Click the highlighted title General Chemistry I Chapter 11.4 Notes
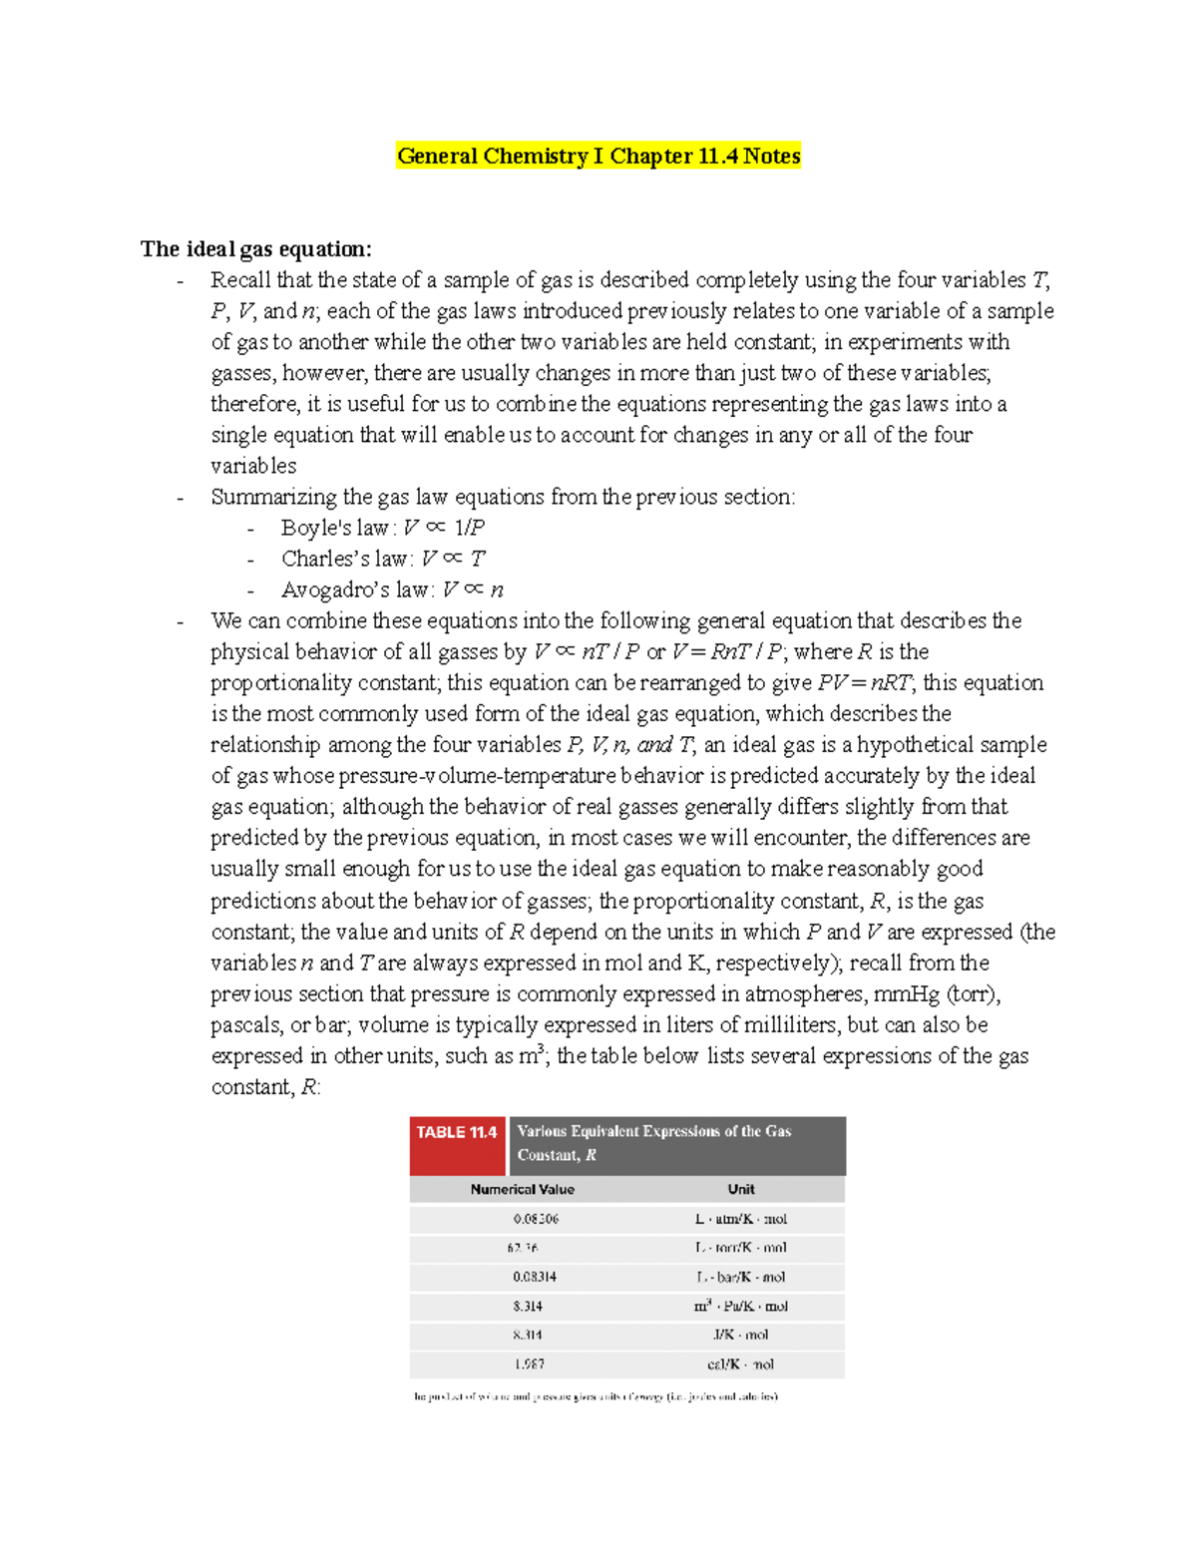coord(598,157)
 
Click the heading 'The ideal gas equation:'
coord(256,249)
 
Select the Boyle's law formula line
coord(383,528)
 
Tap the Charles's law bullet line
coord(383,559)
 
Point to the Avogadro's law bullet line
coord(392,589)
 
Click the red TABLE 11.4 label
coord(457,1133)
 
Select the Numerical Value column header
coord(523,1189)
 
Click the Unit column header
coord(741,1189)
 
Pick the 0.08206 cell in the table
coord(536,1219)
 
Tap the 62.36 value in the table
coord(523,1248)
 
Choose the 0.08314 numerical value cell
coord(535,1277)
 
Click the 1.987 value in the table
coord(530,1364)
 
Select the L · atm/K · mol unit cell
coord(741,1219)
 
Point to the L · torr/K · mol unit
coord(741,1248)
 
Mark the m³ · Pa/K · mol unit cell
coord(741,1306)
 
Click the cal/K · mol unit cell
coord(741,1364)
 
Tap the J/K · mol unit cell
coord(741,1335)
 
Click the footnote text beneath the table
coord(596,1396)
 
